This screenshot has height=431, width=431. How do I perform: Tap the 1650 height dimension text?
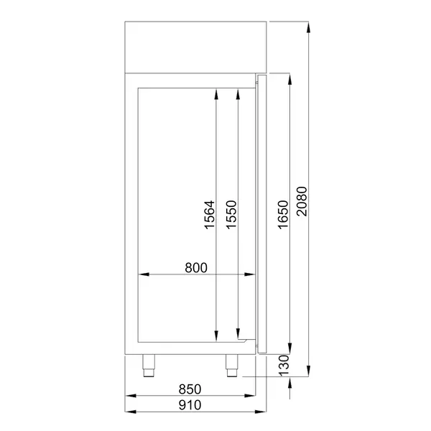[x=282, y=214]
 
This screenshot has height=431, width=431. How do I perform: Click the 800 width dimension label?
[x=195, y=268]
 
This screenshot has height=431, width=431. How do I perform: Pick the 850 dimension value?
[x=190, y=389]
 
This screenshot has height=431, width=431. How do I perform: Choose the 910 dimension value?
[x=190, y=404]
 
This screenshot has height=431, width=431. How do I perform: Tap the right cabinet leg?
[x=233, y=366]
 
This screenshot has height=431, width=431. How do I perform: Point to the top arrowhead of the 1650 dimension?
[x=289, y=78]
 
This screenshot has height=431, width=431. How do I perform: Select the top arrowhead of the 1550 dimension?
[x=238, y=92]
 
